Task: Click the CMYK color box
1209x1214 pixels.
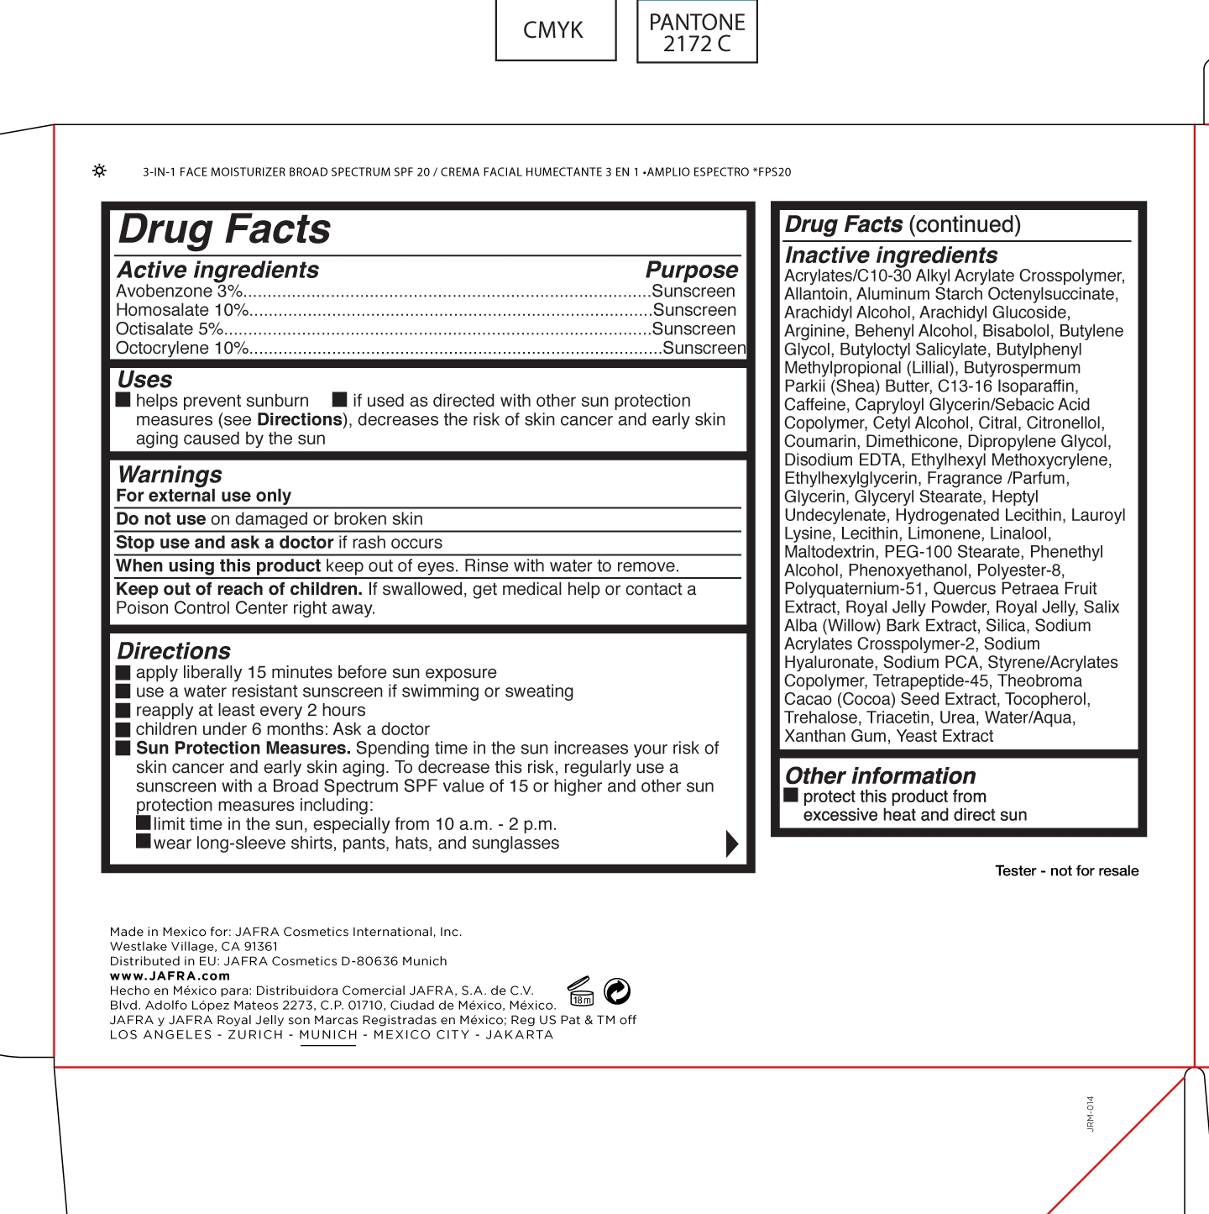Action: (x=555, y=30)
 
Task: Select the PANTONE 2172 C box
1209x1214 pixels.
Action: (x=697, y=32)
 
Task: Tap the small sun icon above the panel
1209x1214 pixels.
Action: (x=99, y=171)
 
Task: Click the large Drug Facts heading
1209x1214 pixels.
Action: (x=225, y=229)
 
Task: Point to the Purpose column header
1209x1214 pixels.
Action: (x=691, y=270)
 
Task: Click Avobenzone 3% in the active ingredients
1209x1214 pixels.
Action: (x=179, y=292)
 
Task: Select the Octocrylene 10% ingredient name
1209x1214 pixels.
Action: (x=182, y=348)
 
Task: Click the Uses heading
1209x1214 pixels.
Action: (x=144, y=380)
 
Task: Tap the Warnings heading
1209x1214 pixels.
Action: (x=170, y=475)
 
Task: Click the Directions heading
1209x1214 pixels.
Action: (x=174, y=651)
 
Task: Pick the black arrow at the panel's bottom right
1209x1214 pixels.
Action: (x=731, y=843)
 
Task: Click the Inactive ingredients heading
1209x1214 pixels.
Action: (x=891, y=255)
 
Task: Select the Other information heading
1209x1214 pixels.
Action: (x=880, y=775)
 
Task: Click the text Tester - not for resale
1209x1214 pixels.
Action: (x=1066, y=871)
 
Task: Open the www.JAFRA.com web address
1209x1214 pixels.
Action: (x=170, y=976)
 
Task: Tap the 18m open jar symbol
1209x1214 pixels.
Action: (x=581, y=992)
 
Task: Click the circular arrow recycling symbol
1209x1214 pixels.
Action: (x=617, y=991)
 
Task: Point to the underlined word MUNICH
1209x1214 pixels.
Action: (x=328, y=1035)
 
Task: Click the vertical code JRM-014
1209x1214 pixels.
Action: (x=1091, y=1113)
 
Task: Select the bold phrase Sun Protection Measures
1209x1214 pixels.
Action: (x=243, y=749)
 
